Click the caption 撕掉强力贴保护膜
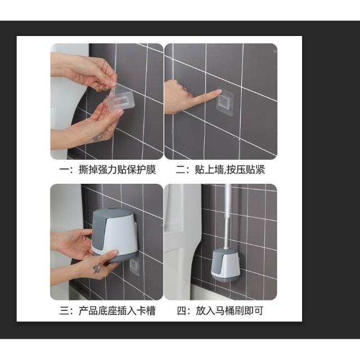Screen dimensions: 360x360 (x=118, y=170)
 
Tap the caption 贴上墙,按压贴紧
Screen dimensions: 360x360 (x=230, y=170)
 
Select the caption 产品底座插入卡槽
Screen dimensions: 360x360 (x=117, y=310)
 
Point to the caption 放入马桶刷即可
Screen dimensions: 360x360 (x=229, y=310)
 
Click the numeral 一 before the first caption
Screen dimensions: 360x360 (x=64, y=170)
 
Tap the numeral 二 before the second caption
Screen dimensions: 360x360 (x=181, y=170)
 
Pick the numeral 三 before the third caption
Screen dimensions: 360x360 (x=65, y=310)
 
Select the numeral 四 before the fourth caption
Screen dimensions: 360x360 (x=181, y=310)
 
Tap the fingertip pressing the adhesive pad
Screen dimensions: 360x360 (x=218, y=92)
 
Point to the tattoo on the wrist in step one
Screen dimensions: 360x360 (x=98, y=138)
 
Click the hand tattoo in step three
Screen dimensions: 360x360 (x=97, y=268)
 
